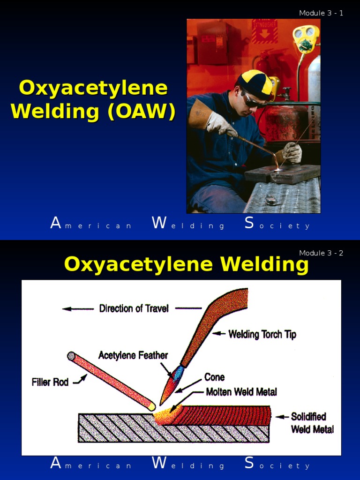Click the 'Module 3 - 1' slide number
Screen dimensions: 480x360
(x=321, y=13)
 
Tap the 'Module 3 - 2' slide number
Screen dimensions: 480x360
(x=321, y=253)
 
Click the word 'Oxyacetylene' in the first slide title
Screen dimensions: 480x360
(x=93, y=89)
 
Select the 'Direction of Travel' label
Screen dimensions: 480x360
(x=134, y=308)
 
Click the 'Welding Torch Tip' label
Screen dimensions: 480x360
(x=262, y=334)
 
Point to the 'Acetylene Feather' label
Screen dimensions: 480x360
(x=133, y=355)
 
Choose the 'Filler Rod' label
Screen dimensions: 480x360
(x=50, y=382)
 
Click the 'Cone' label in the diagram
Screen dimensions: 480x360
(x=214, y=377)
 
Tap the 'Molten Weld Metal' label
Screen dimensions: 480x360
(x=241, y=392)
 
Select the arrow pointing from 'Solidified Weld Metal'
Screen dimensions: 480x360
(x=280, y=417)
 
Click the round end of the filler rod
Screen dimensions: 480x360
(x=71, y=356)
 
